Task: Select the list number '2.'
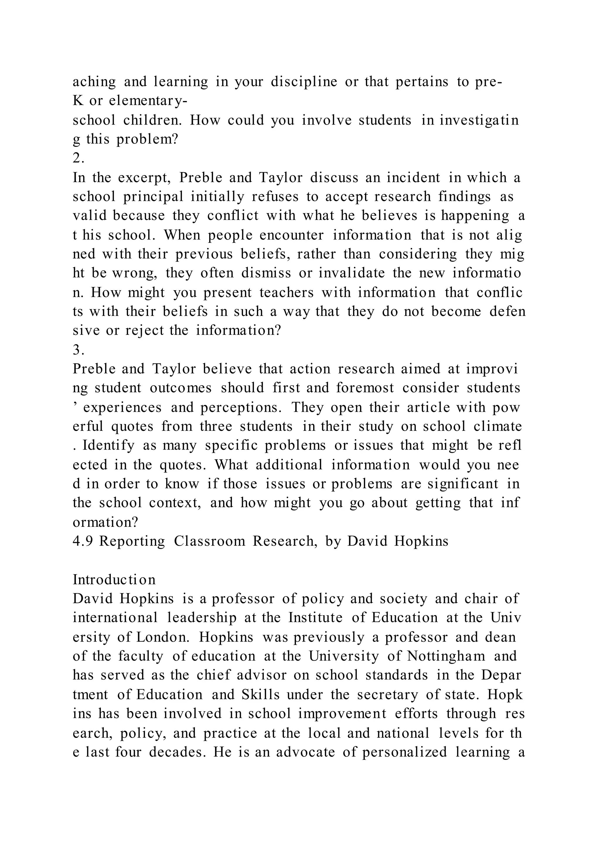point(79,158)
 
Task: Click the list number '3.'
point(79,349)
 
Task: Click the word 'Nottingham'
point(446,656)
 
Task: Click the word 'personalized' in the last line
point(405,752)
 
